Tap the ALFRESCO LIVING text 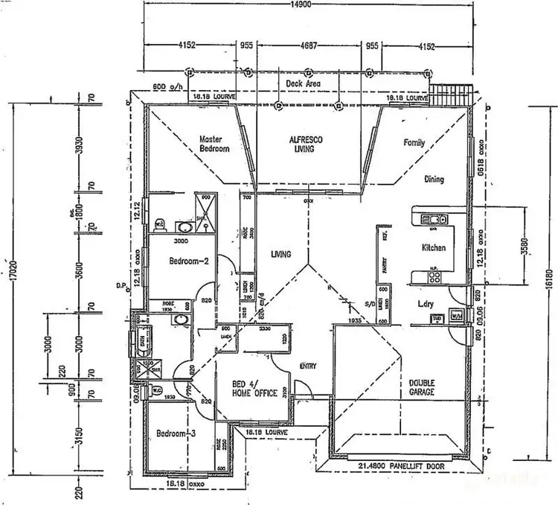coord(305,144)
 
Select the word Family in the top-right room coord(414,142)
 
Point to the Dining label coord(434,179)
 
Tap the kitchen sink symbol coord(432,218)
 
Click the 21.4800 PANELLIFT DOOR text coord(401,466)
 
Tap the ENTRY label coord(307,366)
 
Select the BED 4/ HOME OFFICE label coord(254,388)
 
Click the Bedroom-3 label coord(176,433)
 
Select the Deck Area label coord(303,84)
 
